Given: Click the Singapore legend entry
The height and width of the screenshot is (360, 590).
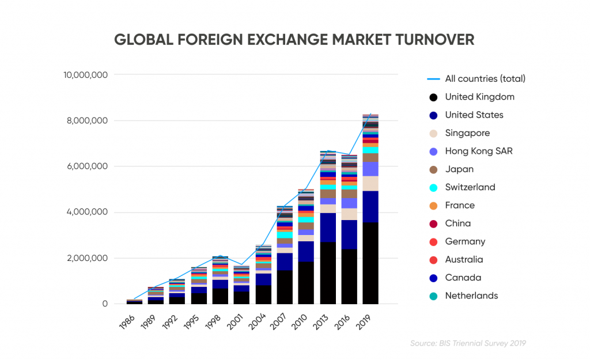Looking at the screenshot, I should coord(467,133).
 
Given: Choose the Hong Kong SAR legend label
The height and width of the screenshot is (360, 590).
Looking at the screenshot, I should coord(478,151).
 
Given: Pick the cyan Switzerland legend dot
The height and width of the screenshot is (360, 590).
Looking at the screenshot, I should coord(433,187).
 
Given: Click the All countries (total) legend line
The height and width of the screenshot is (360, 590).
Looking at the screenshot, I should coord(433,79).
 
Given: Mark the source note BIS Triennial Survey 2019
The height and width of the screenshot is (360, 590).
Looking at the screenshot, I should coord(468,343).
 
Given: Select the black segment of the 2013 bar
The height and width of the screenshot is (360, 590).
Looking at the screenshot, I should coord(327,273).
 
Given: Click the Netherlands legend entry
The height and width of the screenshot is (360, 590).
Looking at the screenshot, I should coord(471,295).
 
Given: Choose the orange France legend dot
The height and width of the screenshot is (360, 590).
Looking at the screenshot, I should coord(433,206).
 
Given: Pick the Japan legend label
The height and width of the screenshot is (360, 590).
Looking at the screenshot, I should coord(459,169).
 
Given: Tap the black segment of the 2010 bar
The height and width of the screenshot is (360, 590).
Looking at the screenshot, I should coord(306,283).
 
